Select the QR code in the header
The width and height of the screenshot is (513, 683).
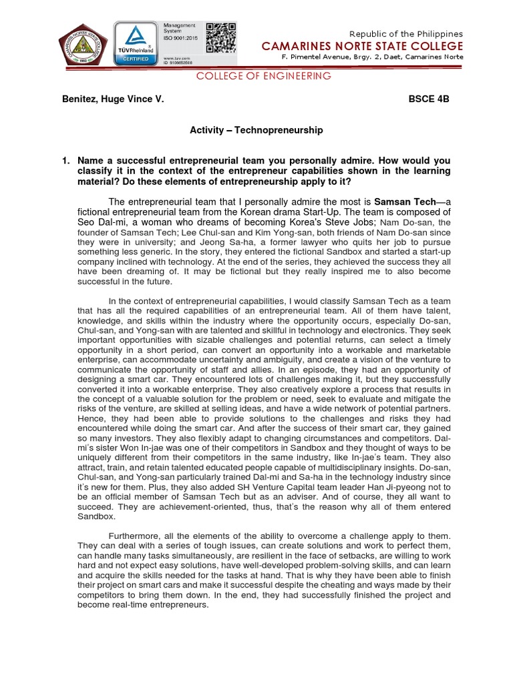(x=221, y=38)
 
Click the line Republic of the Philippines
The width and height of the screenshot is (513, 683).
(x=406, y=33)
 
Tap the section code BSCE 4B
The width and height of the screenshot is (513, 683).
(x=429, y=99)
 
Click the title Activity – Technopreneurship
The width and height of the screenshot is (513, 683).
(x=256, y=130)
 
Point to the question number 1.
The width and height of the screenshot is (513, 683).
(x=65, y=161)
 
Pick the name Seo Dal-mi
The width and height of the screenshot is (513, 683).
(x=102, y=221)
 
